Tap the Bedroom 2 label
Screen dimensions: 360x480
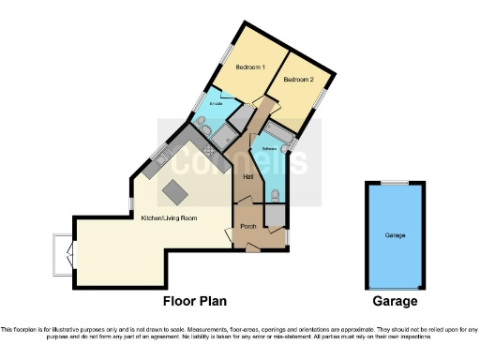(299, 80)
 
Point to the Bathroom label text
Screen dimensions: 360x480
(268, 149)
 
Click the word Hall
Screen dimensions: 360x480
(248, 176)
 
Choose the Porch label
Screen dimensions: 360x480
(248, 226)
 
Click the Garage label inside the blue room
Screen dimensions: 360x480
(395, 235)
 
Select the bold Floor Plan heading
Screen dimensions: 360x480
(194, 301)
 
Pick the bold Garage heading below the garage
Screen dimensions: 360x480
(394, 301)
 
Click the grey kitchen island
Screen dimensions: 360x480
(175, 192)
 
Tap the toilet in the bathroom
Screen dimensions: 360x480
(274, 194)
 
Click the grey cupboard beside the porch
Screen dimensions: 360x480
(275, 215)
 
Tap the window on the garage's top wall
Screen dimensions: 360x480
(394, 182)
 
